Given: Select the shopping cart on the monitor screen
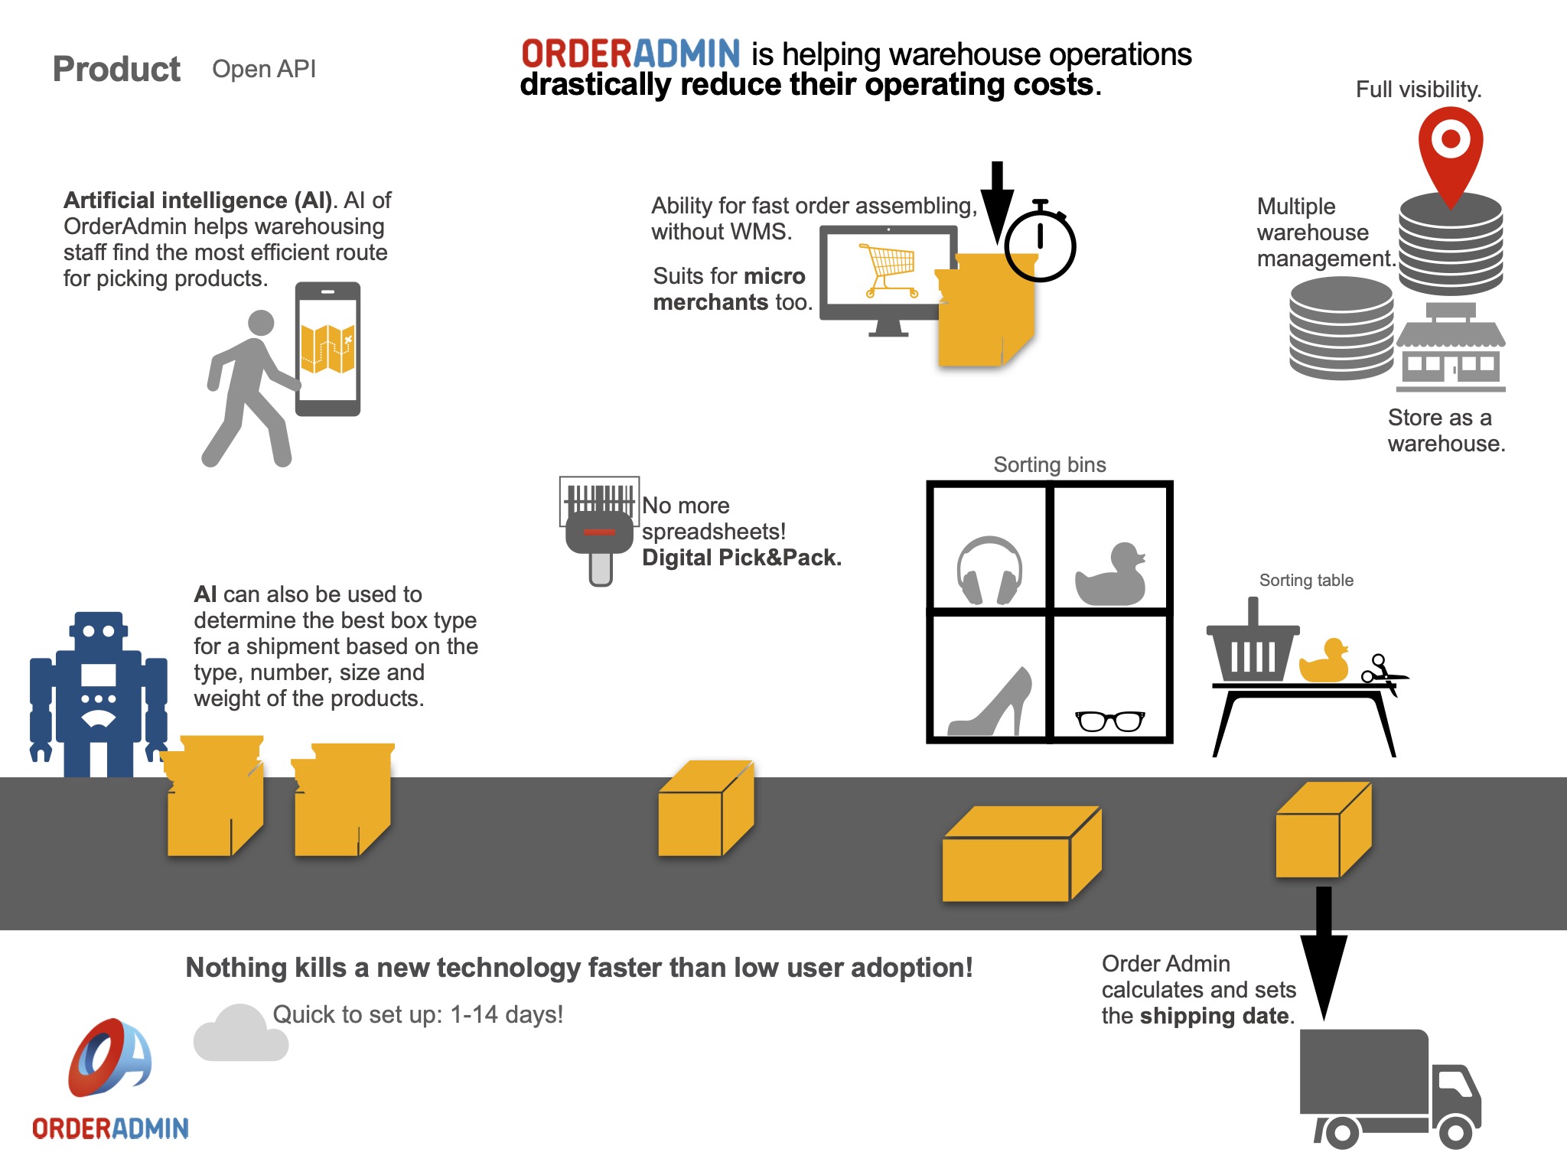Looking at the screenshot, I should coord(889,269).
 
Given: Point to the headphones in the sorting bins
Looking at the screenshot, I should coord(989,571).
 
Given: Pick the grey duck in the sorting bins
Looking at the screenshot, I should coord(1111,575).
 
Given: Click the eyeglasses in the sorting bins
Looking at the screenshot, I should coord(1110,721).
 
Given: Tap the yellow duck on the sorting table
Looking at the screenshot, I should coord(1324,662).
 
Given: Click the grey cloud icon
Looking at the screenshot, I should coord(240,1034).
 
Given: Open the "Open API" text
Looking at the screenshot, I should coord(264,69).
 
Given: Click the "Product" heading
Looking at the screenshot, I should coord(116,69).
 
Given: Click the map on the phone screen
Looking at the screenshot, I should coord(328,349).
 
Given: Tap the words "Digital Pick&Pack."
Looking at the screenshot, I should coord(741,558).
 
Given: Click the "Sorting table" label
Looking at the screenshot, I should coord(1306,581).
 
